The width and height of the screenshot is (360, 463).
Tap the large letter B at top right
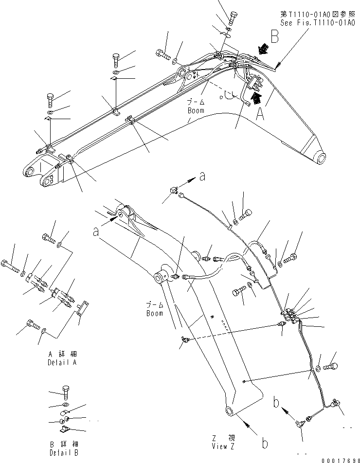[x=275, y=37]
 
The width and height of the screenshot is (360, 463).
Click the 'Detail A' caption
[x=62, y=362]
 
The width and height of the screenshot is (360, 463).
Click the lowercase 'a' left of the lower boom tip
[x=97, y=233]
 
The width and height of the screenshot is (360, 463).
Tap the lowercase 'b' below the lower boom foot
[x=265, y=443]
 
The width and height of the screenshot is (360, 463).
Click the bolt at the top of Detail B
[x=66, y=390]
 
